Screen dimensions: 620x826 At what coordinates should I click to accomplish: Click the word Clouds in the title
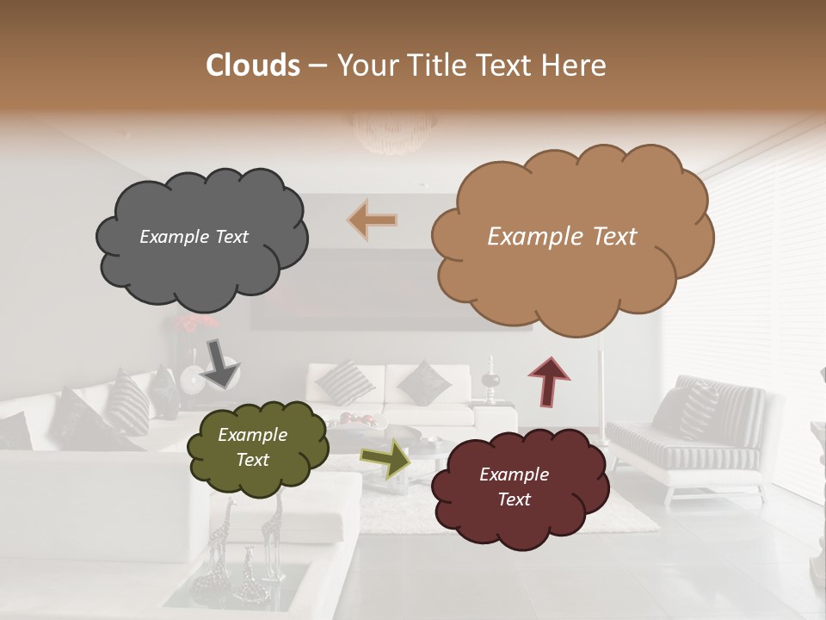[x=253, y=65]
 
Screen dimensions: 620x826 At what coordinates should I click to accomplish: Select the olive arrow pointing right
[x=385, y=458]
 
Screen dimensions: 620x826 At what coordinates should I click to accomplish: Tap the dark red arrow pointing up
[x=549, y=381]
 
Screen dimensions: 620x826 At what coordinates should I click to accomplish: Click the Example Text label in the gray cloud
[x=194, y=237]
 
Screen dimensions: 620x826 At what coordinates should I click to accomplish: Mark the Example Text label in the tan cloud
[x=562, y=237]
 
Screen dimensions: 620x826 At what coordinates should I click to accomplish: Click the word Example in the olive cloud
[x=252, y=435]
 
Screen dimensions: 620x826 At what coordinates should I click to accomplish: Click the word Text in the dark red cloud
[x=514, y=499]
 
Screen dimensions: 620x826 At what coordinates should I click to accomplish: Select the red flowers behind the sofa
[x=196, y=324]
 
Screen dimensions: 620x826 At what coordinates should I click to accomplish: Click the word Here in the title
[x=576, y=65]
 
